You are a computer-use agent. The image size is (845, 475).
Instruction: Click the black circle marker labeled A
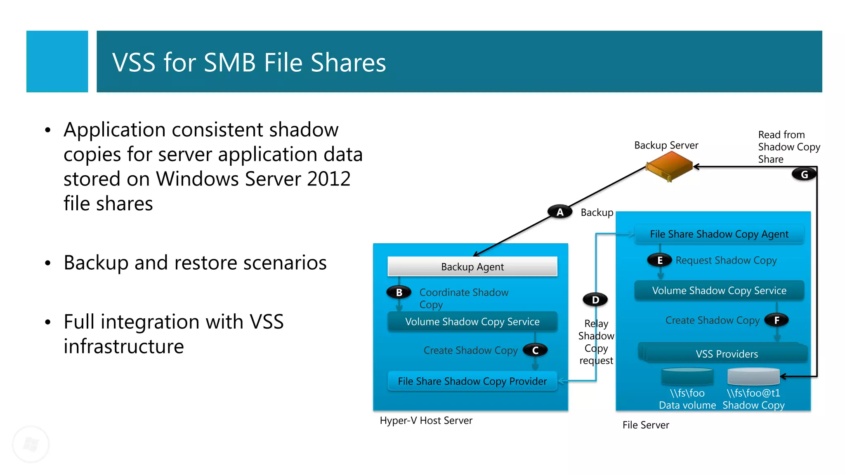pos(560,212)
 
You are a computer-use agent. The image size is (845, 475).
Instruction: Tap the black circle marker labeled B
pos(399,292)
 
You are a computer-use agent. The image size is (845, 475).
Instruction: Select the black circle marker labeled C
pos(535,350)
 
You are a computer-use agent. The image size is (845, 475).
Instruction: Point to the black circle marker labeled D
pos(595,300)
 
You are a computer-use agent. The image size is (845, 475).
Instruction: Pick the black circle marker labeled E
pos(660,260)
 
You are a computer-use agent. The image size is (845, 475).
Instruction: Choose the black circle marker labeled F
pos(777,320)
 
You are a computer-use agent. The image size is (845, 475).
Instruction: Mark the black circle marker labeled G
pos(804,174)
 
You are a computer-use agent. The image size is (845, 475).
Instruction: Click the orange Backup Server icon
pos(669,166)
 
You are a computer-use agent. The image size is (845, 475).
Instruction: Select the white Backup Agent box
pos(472,267)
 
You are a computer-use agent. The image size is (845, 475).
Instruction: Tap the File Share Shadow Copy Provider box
pos(472,381)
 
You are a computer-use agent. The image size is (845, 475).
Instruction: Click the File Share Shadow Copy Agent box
pos(719,234)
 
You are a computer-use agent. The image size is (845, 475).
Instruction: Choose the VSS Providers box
pos(726,354)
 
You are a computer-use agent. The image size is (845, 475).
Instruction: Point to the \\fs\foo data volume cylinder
pos(687,376)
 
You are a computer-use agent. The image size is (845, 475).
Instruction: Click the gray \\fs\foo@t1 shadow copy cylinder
pos(753,376)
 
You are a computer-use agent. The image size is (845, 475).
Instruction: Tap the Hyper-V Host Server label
pos(426,421)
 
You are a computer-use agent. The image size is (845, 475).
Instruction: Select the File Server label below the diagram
pos(646,425)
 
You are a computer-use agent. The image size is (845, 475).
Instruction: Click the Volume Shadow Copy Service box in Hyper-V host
pos(472,322)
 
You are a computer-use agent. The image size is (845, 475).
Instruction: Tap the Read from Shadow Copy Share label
pos(788,147)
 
